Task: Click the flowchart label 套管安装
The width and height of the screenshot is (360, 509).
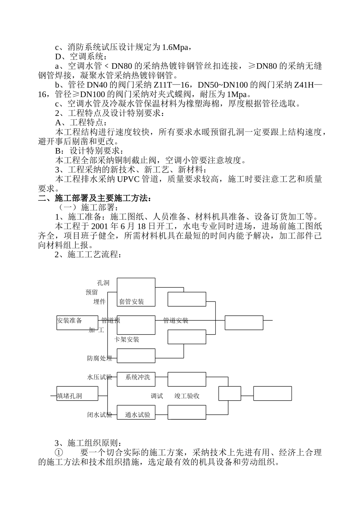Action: click(131, 302)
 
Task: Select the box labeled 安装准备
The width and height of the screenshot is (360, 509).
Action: click(70, 320)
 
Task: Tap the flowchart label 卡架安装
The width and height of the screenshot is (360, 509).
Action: click(127, 339)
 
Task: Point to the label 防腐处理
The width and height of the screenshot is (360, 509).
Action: click(100, 358)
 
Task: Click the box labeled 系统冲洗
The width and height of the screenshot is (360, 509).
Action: click(138, 377)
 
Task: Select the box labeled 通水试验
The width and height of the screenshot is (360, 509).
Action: click(138, 415)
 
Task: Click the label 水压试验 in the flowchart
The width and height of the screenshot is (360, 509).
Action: click(100, 377)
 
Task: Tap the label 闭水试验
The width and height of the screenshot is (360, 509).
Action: click(100, 415)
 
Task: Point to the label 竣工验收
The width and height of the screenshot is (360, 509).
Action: click(187, 396)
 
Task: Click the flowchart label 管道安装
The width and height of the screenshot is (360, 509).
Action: click(175, 320)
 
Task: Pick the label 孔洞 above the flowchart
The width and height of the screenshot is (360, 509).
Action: click(103, 283)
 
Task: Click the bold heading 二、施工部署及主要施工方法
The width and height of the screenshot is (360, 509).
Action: click(95, 198)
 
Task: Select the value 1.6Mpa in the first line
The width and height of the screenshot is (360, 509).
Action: click(175, 47)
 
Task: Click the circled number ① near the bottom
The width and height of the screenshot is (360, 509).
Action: click(59, 453)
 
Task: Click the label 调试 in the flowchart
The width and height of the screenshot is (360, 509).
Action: click(157, 396)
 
